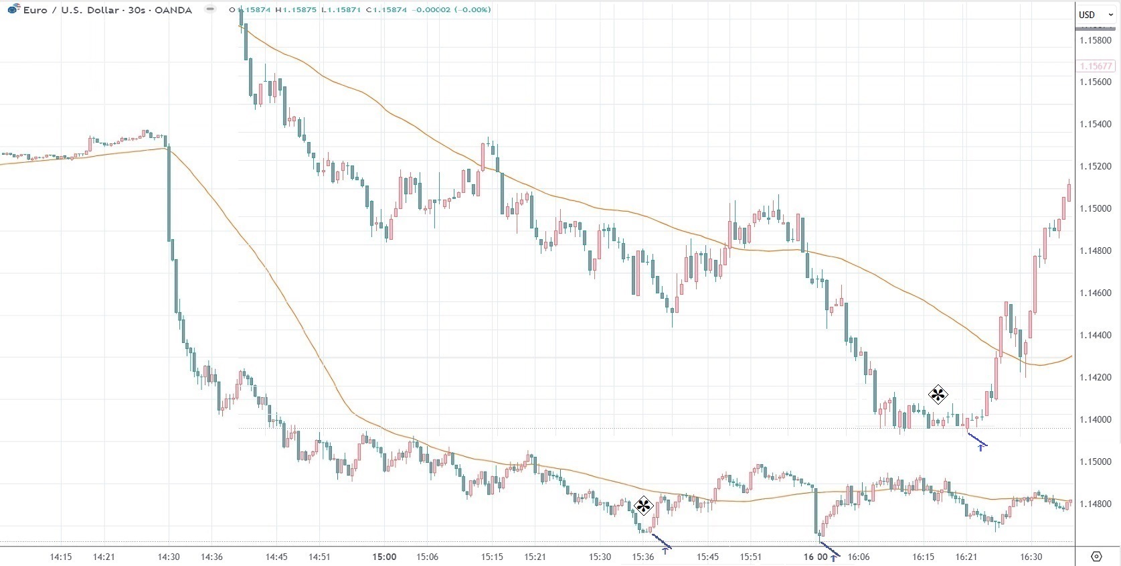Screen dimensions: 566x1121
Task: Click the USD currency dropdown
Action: (1095, 15)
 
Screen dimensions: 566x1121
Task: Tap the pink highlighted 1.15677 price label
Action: (1096, 66)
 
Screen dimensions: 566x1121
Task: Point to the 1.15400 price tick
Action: (1095, 124)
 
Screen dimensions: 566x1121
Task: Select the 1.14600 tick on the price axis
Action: (1095, 293)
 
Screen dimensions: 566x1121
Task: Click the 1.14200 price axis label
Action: (1095, 377)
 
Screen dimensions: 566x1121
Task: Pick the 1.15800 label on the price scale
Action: (1095, 40)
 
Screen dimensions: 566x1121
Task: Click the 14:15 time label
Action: (61, 557)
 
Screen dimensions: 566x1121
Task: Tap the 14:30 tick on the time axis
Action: (169, 557)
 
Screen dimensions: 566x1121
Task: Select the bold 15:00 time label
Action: (384, 557)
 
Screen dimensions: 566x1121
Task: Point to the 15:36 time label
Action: (643, 557)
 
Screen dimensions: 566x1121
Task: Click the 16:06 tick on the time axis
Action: (859, 557)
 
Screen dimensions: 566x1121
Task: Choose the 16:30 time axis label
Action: (1031, 557)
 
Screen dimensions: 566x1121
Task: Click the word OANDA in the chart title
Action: (173, 10)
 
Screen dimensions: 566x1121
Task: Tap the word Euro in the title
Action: (35, 10)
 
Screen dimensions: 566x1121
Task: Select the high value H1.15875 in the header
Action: (296, 10)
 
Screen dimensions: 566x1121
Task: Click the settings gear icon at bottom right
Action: (1096, 557)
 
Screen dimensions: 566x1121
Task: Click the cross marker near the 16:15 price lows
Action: (938, 395)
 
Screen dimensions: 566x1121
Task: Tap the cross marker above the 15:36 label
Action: (643, 506)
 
